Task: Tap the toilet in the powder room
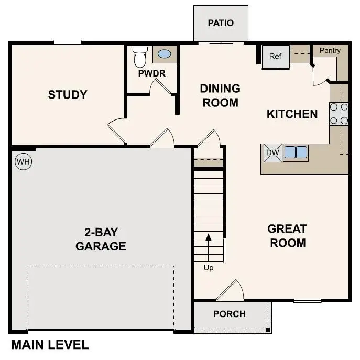click(140, 58)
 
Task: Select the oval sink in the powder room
click(164, 54)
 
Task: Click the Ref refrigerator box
click(276, 56)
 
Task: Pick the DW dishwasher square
click(272, 153)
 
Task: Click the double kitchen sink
click(296, 152)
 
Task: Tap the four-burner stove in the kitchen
click(339, 114)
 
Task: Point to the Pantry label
click(330, 51)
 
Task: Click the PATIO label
click(221, 23)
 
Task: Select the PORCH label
click(230, 314)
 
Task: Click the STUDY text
click(68, 95)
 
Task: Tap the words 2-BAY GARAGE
click(101, 239)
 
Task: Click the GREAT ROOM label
click(287, 236)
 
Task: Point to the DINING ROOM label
click(220, 95)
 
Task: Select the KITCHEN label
click(292, 114)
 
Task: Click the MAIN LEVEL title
click(50, 345)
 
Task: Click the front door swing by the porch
click(231, 292)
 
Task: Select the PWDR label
click(151, 74)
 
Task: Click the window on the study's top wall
click(68, 42)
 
